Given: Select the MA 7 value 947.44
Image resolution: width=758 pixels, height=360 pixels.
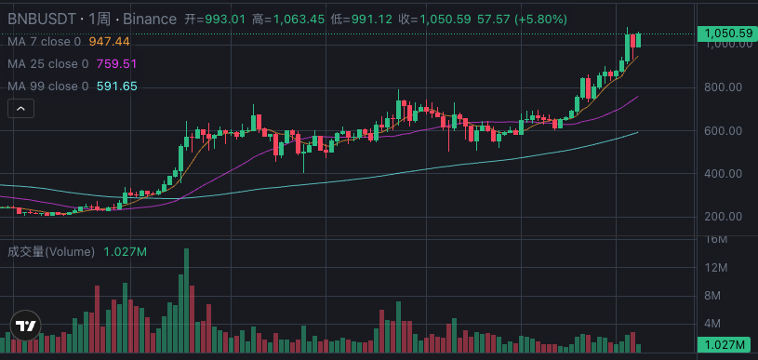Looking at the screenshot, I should (109, 42).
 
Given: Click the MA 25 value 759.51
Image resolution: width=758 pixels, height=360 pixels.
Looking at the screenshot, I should (116, 64).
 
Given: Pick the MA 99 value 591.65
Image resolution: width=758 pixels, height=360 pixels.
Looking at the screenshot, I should (116, 87).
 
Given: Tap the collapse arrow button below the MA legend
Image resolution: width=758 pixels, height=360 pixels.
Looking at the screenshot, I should (21, 109).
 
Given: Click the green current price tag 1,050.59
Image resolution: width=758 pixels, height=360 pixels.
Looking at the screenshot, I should (727, 33).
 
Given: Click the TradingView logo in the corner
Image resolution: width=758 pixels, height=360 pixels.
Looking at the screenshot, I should (25, 327).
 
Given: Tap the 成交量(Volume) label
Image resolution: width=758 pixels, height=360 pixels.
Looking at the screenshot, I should (51, 252).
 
